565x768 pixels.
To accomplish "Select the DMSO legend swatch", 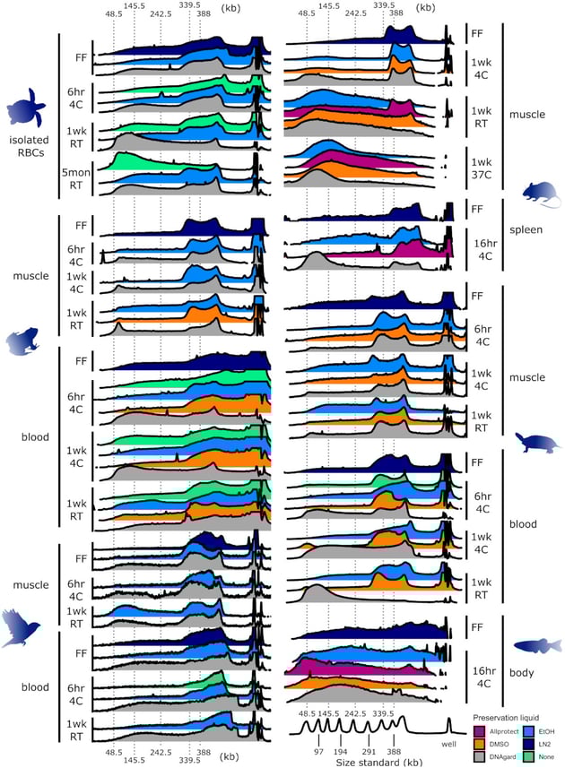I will click(x=479, y=745).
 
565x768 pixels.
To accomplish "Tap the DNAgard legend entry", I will click(x=479, y=758).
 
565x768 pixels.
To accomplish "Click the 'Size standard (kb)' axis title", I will click(x=370, y=761).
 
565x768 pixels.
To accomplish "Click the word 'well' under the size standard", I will click(x=447, y=741).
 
